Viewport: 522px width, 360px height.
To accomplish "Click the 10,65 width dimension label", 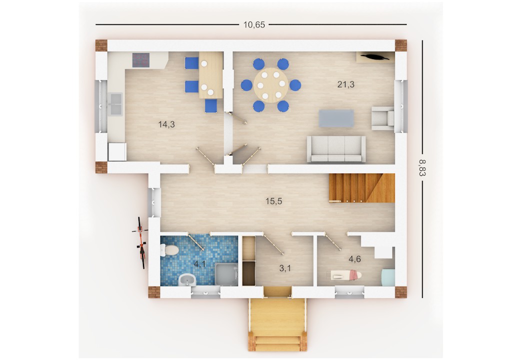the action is tap(254, 24).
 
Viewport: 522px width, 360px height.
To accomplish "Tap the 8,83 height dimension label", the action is tap(422, 167).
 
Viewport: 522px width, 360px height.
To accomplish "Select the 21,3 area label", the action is tap(345, 84).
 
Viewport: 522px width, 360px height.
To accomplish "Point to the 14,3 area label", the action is tap(166, 124).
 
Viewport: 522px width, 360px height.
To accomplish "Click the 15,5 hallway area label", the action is tap(273, 201).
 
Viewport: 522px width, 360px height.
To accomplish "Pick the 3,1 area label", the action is tap(285, 268).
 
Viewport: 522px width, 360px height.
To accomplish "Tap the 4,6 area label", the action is tap(354, 259).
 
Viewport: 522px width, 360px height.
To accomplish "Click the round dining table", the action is tap(271, 85).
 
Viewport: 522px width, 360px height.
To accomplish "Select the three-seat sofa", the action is tap(336, 149).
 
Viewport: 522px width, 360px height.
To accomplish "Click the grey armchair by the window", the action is tap(383, 118).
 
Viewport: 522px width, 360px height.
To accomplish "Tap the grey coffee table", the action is tap(336, 118).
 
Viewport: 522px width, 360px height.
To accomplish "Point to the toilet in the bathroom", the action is tap(170, 250).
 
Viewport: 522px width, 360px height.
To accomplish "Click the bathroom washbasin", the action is tap(187, 280).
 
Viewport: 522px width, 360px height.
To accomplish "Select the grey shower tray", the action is tap(226, 274).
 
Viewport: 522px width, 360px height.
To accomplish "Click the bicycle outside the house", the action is tap(141, 242).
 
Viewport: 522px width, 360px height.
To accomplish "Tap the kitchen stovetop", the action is tap(141, 60).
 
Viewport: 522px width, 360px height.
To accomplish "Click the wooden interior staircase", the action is tap(362, 188).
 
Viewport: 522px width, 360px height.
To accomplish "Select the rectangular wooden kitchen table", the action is tap(211, 75).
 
